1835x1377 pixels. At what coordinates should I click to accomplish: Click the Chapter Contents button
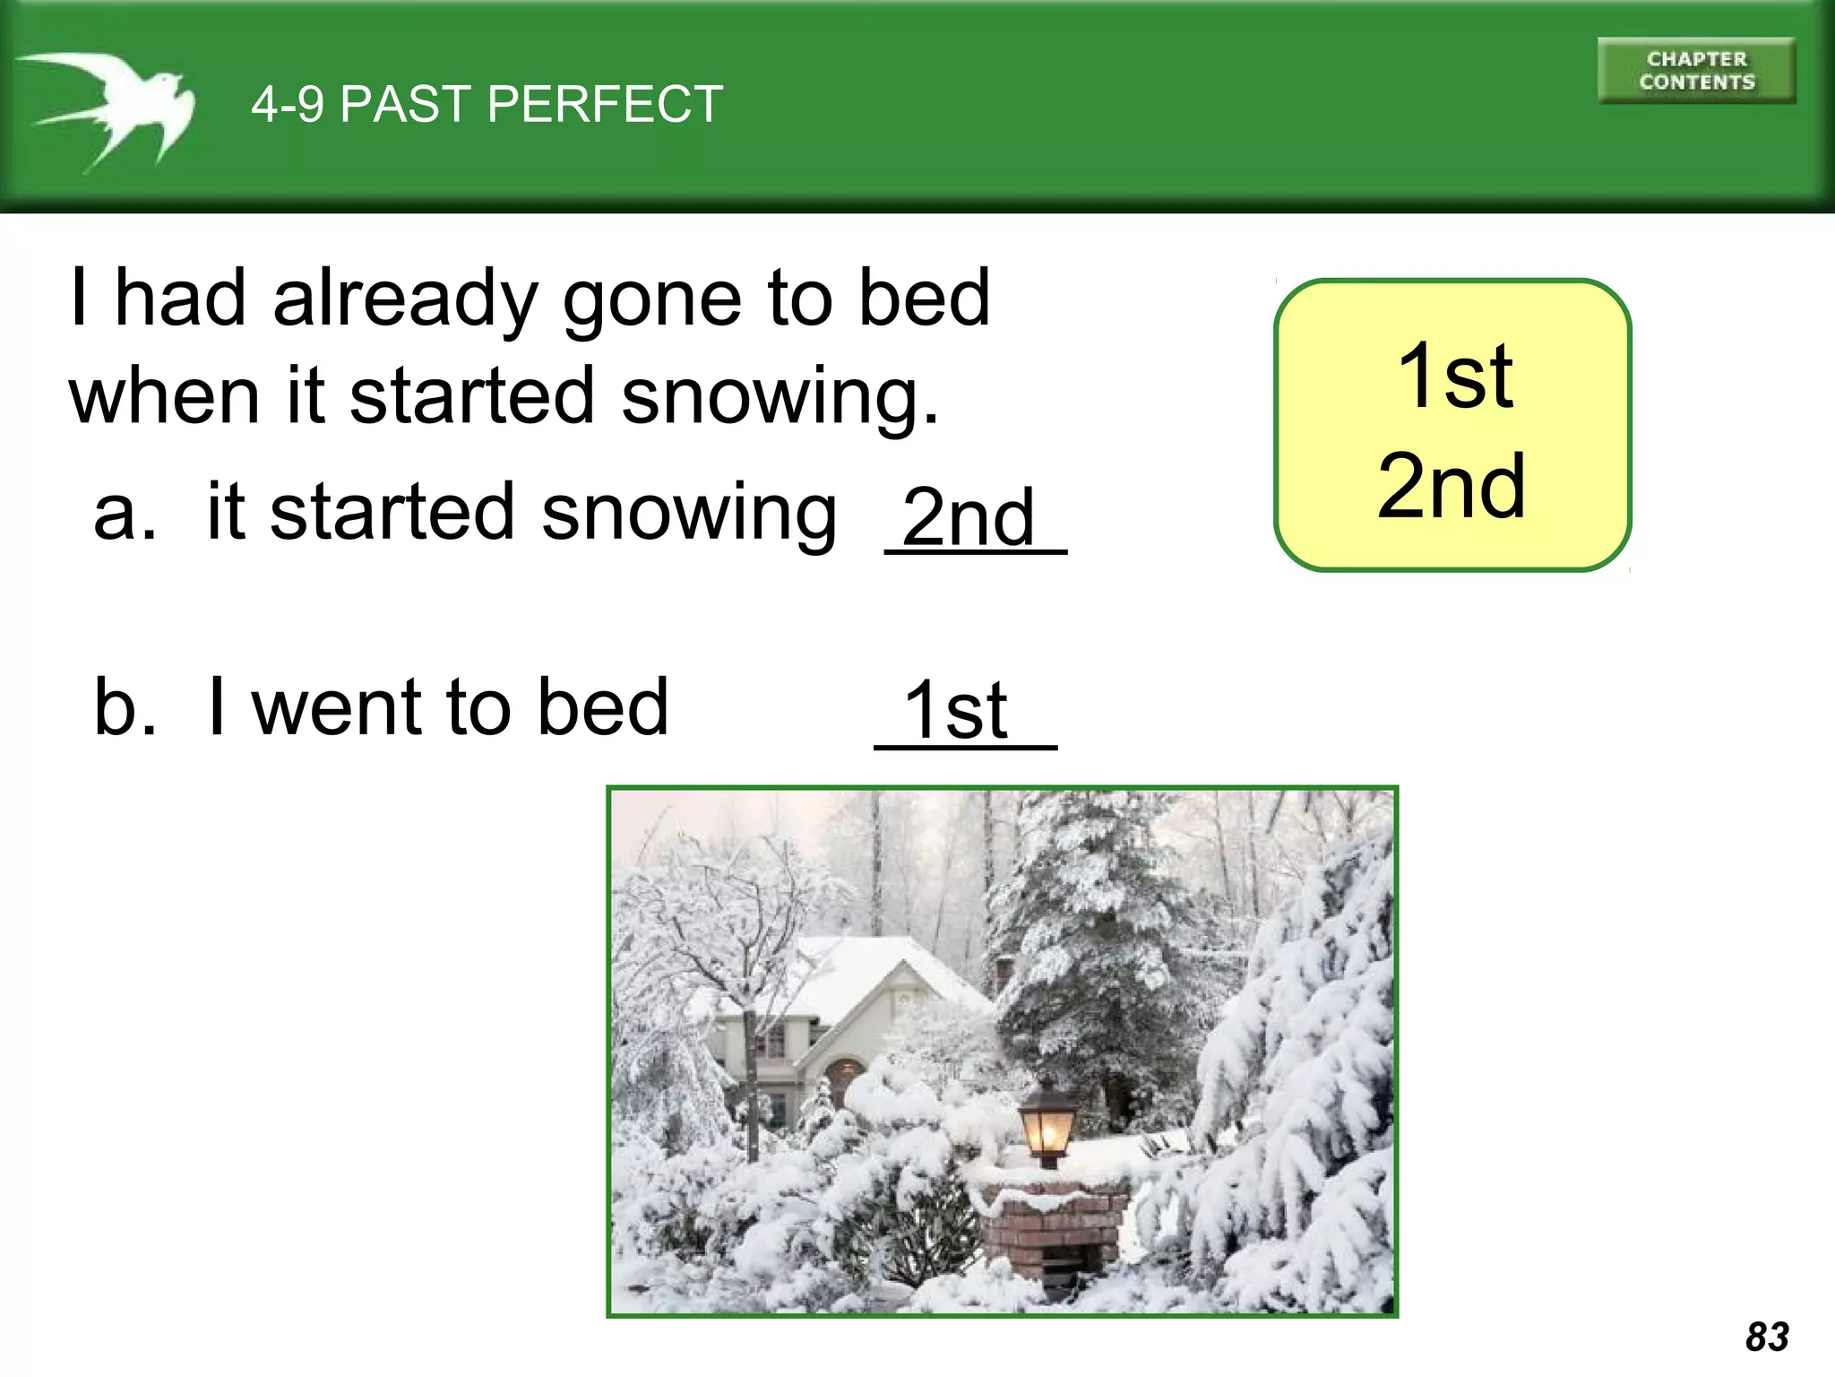click(1696, 71)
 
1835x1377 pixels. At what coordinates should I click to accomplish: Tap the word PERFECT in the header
click(606, 104)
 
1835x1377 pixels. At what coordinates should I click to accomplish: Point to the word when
click(164, 396)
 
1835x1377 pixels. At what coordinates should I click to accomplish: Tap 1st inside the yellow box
click(1455, 377)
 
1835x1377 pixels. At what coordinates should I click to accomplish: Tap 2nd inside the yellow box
click(1452, 487)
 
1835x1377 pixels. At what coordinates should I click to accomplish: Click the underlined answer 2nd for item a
click(969, 519)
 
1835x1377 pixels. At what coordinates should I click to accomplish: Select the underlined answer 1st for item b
click(956, 711)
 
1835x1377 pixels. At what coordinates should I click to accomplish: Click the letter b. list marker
click(125, 707)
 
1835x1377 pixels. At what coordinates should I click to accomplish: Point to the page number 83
click(1767, 1337)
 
